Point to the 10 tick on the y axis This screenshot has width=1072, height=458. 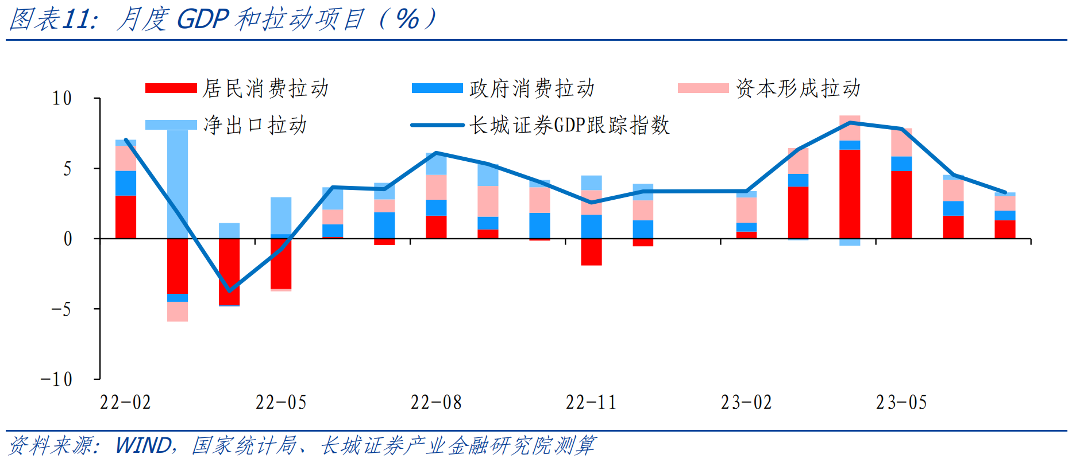pyautogui.click(x=62, y=98)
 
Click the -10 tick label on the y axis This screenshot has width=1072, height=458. pyautogui.click(x=56, y=379)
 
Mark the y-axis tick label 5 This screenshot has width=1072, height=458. pyautogui.click(x=68, y=169)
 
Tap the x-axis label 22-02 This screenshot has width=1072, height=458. pyautogui.click(x=125, y=403)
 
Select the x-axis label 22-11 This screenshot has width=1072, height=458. pyautogui.click(x=591, y=403)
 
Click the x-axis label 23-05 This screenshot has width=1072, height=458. pyautogui.click(x=901, y=403)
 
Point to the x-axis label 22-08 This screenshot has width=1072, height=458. pyautogui.click(x=435, y=403)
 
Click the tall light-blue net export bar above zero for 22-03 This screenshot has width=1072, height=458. pyautogui.click(x=178, y=184)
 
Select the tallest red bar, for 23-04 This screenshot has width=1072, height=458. pyautogui.click(x=850, y=194)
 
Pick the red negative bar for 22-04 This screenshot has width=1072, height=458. pyautogui.click(x=229, y=271)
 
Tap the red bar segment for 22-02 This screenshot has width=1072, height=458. pyautogui.click(x=126, y=217)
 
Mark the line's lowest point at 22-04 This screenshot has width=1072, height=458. pyautogui.click(x=229, y=290)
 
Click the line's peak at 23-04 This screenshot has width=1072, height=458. pyautogui.click(x=850, y=122)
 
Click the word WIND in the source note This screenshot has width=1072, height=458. pyautogui.click(x=143, y=445)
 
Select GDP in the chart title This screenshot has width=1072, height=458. pyautogui.click(x=203, y=20)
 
